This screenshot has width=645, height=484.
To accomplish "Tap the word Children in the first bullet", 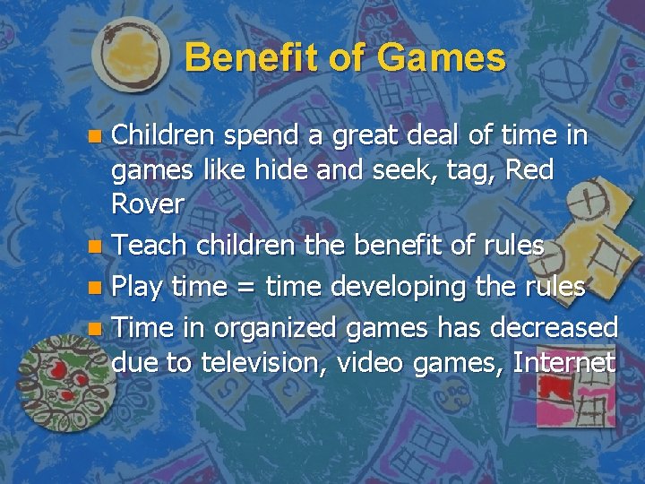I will pos(162,135).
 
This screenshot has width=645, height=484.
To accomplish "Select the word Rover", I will pos(148,203).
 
